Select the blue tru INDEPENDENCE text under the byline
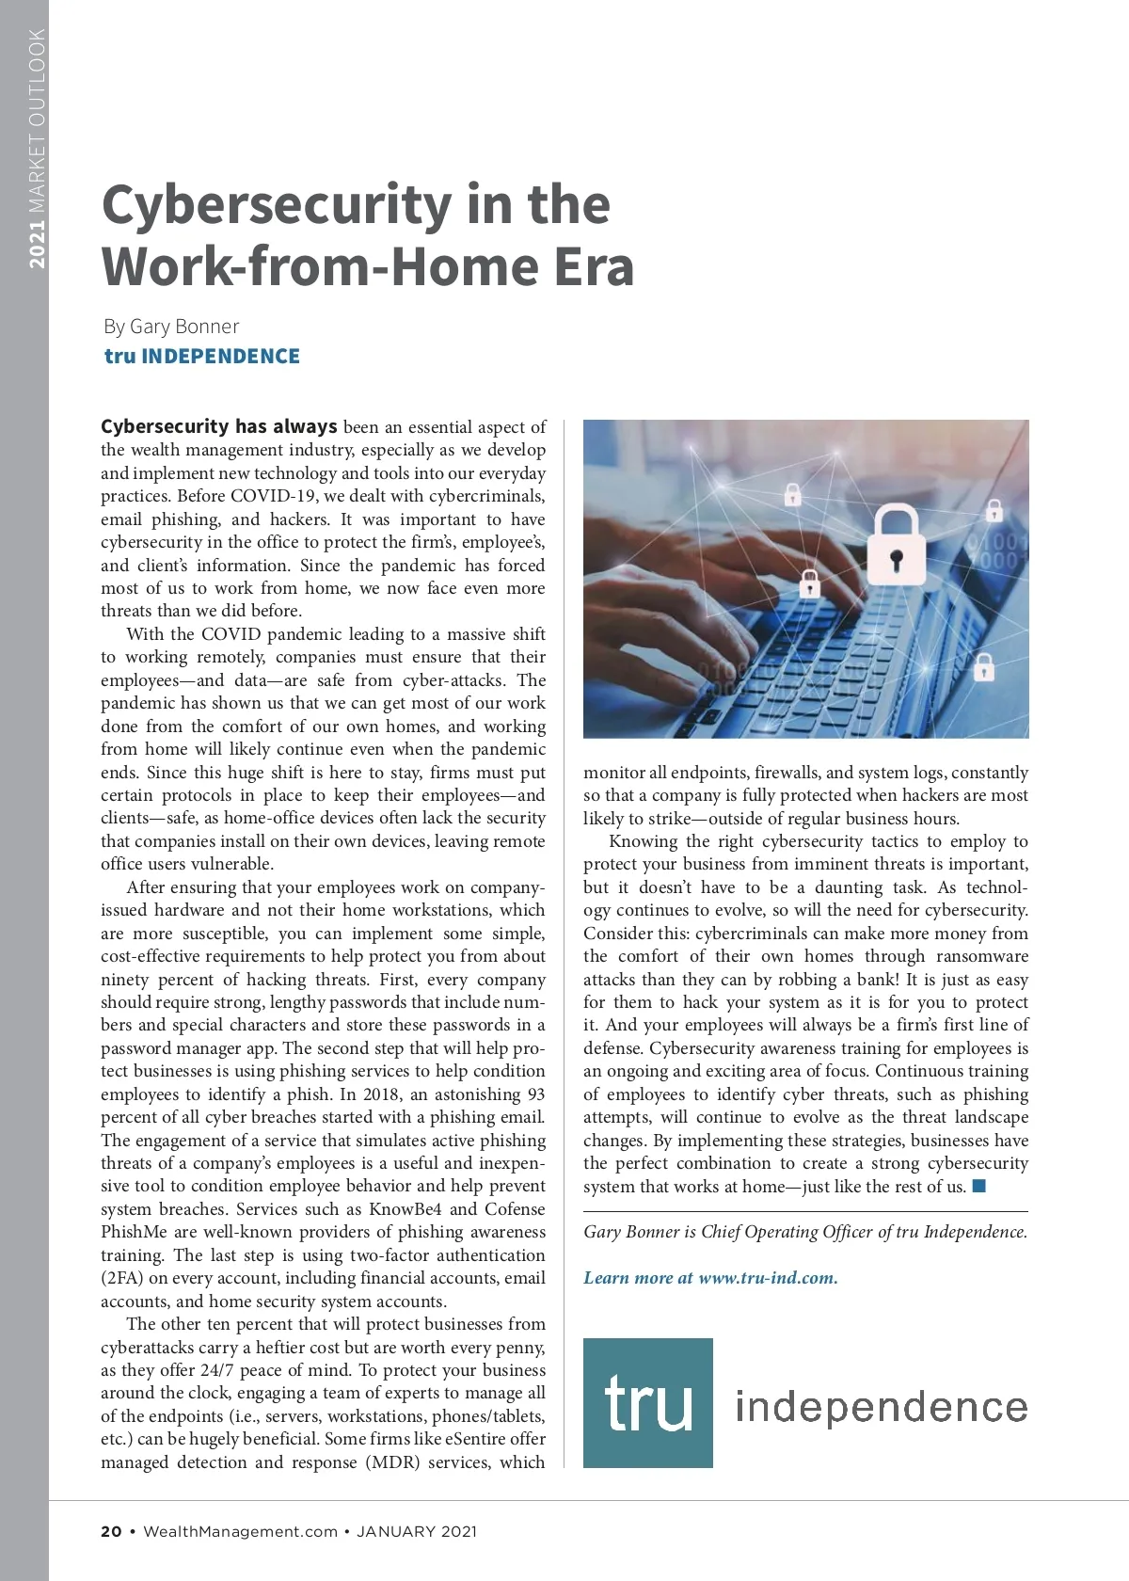click(202, 357)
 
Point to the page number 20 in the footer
click(111, 1531)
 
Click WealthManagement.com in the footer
click(240, 1531)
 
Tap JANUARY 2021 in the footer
click(417, 1531)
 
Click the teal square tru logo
click(647, 1402)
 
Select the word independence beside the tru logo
click(882, 1407)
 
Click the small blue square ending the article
click(979, 1186)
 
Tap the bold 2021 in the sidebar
click(37, 245)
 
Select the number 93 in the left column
click(535, 1094)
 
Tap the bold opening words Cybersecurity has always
click(218, 426)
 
